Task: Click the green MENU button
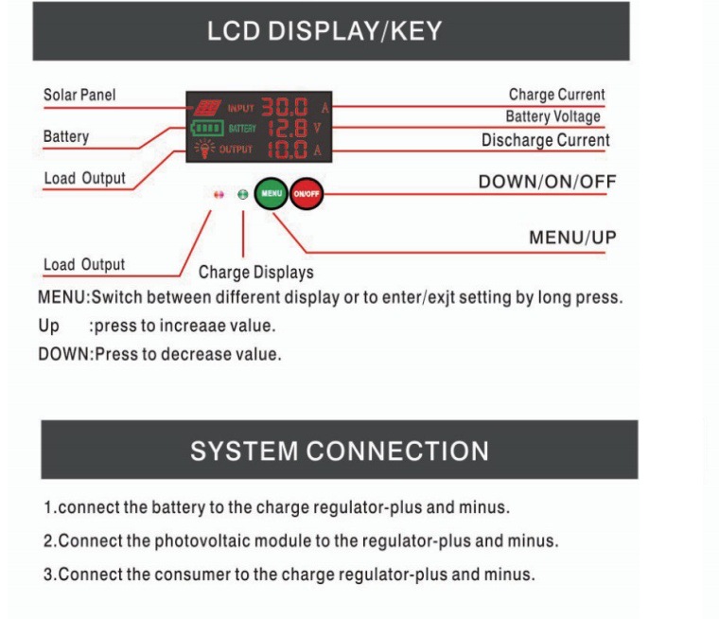click(271, 193)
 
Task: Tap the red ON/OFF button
click(307, 194)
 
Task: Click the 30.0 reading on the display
click(285, 107)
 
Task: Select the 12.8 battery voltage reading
click(288, 129)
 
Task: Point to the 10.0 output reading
click(288, 150)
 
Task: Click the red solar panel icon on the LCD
click(207, 107)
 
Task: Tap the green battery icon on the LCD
click(207, 128)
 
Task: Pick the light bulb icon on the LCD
click(204, 149)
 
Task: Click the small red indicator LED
click(219, 195)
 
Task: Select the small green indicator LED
click(243, 195)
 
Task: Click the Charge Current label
click(556, 95)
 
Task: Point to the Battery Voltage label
click(553, 116)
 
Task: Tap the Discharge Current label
click(546, 140)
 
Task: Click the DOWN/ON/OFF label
click(547, 182)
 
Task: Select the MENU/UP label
click(572, 238)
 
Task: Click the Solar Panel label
click(79, 95)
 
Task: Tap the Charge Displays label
click(255, 272)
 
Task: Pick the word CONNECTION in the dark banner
click(397, 451)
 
